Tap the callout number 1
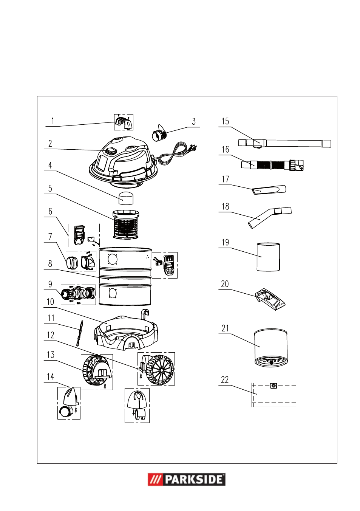(x=53, y=121)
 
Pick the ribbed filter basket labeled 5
(x=126, y=225)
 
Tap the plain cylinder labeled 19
(x=268, y=257)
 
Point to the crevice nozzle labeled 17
(x=269, y=189)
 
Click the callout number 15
(x=225, y=121)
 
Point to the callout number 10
(x=50, y=302)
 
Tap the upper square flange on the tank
(x=113, y=259)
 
